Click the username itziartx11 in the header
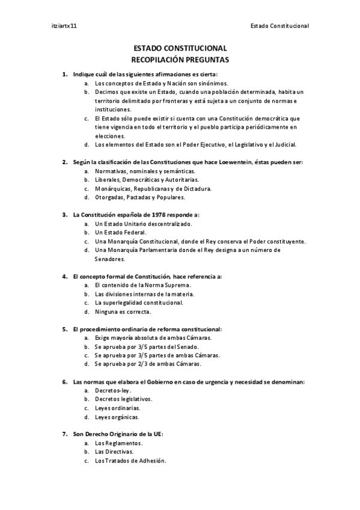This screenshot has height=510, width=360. (64, 26)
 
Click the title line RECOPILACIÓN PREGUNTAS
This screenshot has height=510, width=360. (180, 60)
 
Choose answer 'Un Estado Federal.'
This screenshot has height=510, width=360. (120, 232)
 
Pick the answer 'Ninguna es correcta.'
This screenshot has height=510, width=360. (123, 312)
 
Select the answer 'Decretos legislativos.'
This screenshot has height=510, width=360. (123, 399)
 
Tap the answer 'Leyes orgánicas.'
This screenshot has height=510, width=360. (117, 417)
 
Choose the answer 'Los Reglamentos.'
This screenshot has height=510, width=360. (118, 443)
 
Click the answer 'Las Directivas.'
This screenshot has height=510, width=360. (114, 452)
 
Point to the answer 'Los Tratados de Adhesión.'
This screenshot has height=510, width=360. (130, 461)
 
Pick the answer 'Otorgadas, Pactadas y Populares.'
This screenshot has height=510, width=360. (140, 197)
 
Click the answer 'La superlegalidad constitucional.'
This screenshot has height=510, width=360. (139, 303)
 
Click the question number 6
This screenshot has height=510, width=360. (64, 381)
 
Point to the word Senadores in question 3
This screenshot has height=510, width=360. (111, 259)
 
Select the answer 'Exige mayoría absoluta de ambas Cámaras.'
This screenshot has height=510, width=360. (153, 338)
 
